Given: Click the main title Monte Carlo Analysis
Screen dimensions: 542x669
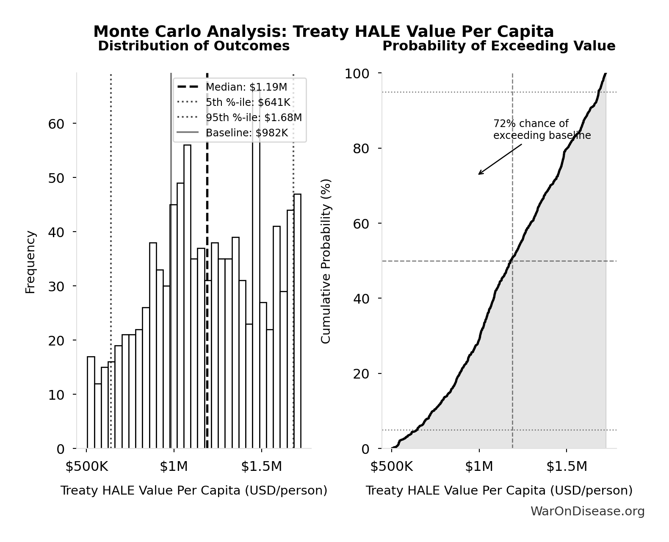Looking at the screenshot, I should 323,32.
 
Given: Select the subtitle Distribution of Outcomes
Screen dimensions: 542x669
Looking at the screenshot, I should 194,46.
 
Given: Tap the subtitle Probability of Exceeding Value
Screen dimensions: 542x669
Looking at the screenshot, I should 499,46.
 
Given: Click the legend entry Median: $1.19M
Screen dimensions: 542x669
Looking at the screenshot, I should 246,87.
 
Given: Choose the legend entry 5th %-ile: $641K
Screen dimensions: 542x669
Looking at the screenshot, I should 248,102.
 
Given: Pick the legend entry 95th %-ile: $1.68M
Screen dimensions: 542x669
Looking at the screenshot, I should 254,117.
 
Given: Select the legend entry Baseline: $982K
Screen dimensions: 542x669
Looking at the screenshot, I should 246,133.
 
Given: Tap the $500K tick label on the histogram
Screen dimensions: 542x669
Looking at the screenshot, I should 87,466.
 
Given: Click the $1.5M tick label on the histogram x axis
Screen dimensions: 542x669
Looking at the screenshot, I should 261,466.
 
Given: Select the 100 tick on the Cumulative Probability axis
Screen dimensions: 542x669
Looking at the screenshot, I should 357,74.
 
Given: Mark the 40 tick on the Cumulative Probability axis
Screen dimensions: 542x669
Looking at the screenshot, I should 361,299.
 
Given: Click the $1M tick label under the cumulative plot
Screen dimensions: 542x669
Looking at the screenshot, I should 479,466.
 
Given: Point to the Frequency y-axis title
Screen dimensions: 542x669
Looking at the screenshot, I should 30,262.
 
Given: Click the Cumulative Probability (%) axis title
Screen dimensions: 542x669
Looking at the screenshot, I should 326,262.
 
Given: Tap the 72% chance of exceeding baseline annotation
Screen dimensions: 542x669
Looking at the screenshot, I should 542,130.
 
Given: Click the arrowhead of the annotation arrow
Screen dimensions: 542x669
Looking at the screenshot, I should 479,174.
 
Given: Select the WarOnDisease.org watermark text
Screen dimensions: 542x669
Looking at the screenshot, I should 587,511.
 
